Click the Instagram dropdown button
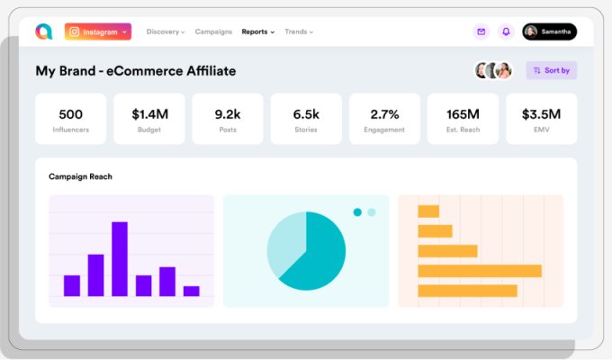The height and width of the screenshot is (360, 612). pyautogui.click(x=98, y=31)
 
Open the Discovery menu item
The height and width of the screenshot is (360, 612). pyautogui.click(x=166, y=31)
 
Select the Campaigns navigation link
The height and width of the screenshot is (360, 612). pyautogui.click(x=214, y=31)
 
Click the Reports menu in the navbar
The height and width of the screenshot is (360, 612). pyautogui.click(x=258, y=31)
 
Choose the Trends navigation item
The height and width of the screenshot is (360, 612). pyautogui.click(x=299, y=31)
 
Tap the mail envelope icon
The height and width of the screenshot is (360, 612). pyautogui.click(x=481, y=31)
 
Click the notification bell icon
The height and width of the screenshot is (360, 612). pyautogui.click(x=506, y=31)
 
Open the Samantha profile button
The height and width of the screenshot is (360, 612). pyautogui.click(x=549, y=31)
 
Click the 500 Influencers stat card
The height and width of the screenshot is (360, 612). pyautogui.click(x=70, y=119)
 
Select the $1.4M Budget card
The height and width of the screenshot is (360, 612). pyautogui.click(x=148, y=119)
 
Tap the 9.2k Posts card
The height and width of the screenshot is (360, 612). pyautogui.click(x=227, y=119)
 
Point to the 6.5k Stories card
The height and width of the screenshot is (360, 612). pyautogui.click(x=306, y=119)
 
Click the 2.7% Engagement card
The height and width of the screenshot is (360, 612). pyautogui.click(x=384, y=119)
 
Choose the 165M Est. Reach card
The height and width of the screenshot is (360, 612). pyautogui.click(x=463, y=119)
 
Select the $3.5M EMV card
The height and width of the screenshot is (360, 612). pyautogui.click(x=541, y=119)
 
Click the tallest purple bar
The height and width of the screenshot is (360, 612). pyautogui.click(x=119, y=259)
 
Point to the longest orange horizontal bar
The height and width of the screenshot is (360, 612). pyautogui.click(x=480, y=271)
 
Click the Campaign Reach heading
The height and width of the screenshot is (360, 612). pyautogui.click(x=80, y=176)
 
